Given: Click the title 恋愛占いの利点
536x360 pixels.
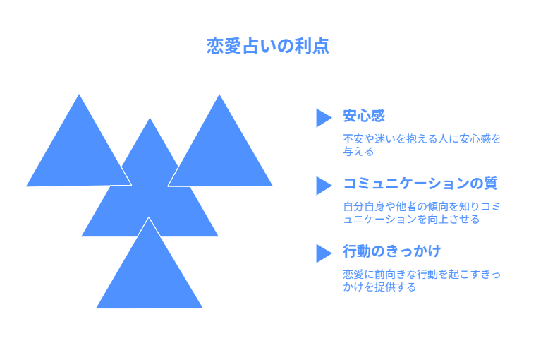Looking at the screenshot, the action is click(268, 46).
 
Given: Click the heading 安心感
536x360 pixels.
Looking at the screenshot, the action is click(364, 116).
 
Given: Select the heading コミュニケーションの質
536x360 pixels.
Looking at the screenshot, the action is click(420, 184).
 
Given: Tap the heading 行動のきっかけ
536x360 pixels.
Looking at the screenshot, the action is click(391, 251).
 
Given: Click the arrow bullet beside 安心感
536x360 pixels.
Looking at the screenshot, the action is click(323, 118).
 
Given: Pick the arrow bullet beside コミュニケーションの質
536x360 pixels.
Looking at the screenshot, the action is click(323, 186).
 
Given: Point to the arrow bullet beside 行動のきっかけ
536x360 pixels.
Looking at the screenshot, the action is click(323, 253).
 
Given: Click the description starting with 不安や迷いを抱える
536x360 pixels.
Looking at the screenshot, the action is click(422, 145).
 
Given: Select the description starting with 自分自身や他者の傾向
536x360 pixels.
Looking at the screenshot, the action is click(422, 213).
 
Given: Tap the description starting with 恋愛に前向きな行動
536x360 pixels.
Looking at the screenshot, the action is click(422, 281).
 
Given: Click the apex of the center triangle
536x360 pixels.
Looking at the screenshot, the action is click(150, 118).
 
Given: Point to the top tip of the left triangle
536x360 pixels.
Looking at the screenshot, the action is click(79, 95).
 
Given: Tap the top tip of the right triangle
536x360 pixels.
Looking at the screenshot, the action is click(219, 95).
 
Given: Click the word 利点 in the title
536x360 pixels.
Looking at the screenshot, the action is click(312, 46).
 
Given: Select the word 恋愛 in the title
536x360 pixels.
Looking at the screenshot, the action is click(224, 46).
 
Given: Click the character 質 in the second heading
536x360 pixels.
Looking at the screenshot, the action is click(491, 184).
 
